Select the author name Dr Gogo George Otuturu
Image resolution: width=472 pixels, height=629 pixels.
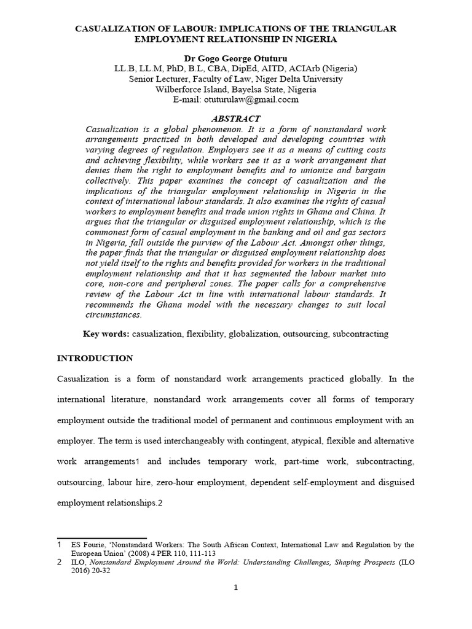(236, 59)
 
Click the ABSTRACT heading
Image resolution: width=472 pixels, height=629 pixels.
(235, 119)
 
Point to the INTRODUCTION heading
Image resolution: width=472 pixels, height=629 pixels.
(95, 358)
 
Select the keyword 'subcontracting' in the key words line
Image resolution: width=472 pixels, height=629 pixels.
(359, 334)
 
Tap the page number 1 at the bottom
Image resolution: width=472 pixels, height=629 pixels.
(235, 587)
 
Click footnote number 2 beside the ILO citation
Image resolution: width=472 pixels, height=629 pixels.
(60, 562)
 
